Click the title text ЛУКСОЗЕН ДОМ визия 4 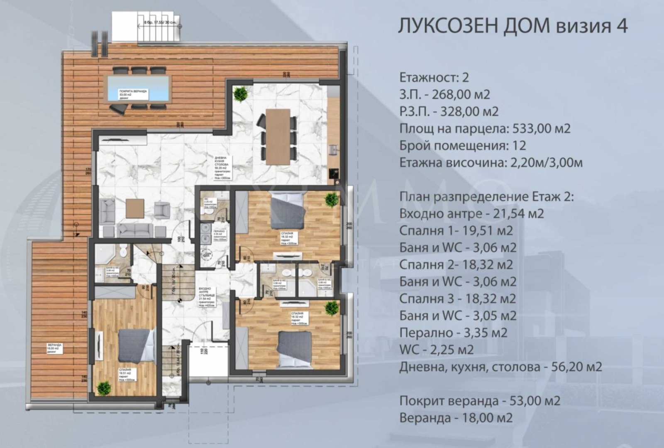513,26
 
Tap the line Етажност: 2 434,77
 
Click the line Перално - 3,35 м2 453,333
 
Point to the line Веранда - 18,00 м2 456,418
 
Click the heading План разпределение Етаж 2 486,196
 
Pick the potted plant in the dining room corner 240,94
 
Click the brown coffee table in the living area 135,208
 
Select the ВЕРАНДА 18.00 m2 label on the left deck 55,348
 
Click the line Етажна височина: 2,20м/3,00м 491,162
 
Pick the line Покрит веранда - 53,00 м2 480,401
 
